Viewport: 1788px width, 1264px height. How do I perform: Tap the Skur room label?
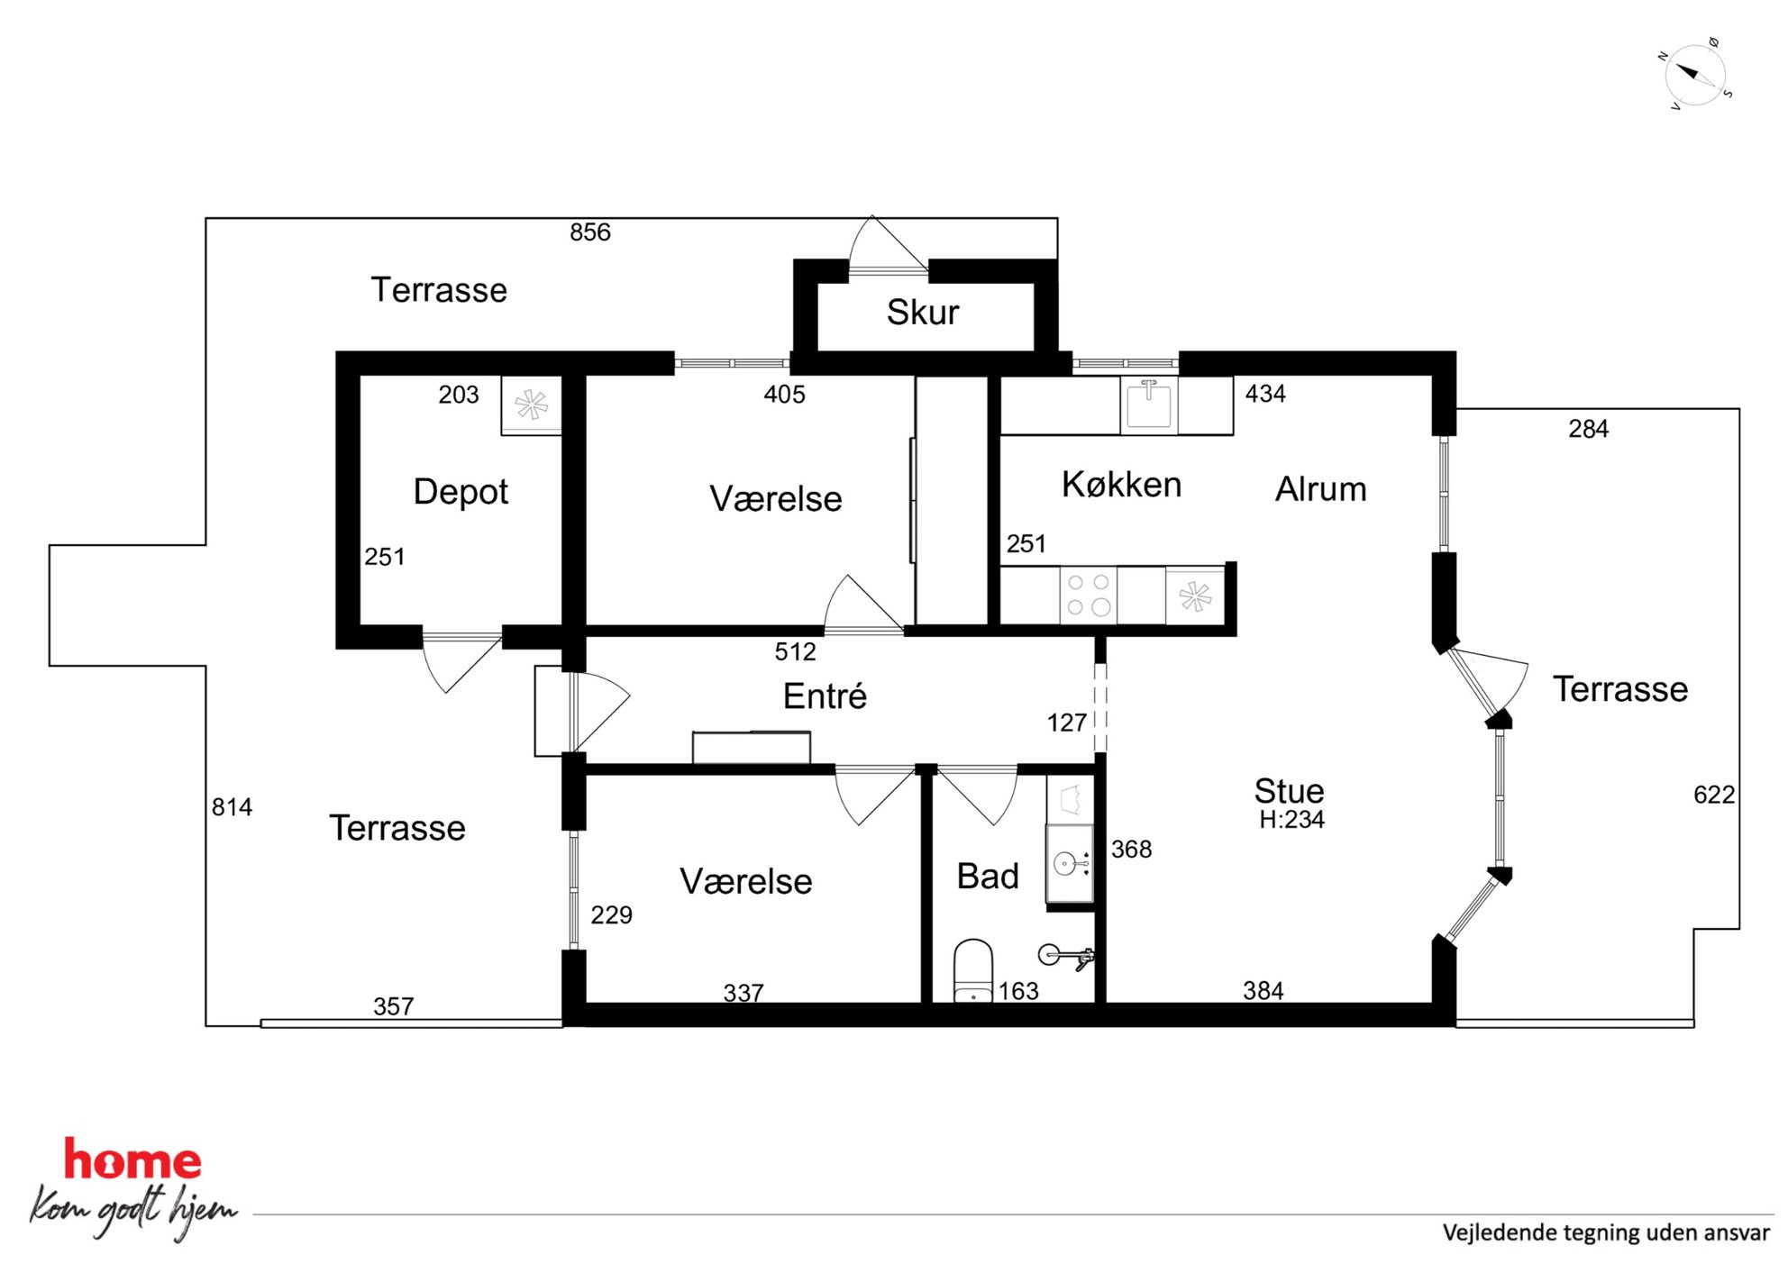(x=922, y=313)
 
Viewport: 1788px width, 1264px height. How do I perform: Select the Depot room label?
(x=461, y=492)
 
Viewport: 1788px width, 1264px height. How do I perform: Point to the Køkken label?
(x=1121, y=485)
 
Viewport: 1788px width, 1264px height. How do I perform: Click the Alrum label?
(x=1320, y=489)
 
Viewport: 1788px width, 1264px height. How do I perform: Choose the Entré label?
(x=825, y=696)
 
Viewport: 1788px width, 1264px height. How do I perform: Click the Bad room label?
(x=988, y=876)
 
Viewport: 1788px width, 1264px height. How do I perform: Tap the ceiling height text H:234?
(x=1291, y=820)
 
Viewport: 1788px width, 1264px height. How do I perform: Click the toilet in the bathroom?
(x=973, y=971)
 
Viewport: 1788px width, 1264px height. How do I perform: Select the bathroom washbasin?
(x=1070, y=864)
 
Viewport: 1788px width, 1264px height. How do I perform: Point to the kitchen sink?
(x=1149, y=405)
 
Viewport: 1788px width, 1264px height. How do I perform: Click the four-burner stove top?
(x=1089, y=595)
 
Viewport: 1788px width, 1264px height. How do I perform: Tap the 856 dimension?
(x=590, y=232)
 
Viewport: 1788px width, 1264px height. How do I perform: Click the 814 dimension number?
(x=232, y=807)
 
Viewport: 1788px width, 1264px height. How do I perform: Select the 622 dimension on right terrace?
(x=1714, y=795)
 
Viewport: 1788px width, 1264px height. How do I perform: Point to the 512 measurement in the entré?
(x=795, y=651)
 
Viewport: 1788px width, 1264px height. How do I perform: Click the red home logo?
(x=132, y=1159)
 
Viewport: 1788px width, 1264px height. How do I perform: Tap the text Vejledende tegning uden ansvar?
(x=1606, y=1232)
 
